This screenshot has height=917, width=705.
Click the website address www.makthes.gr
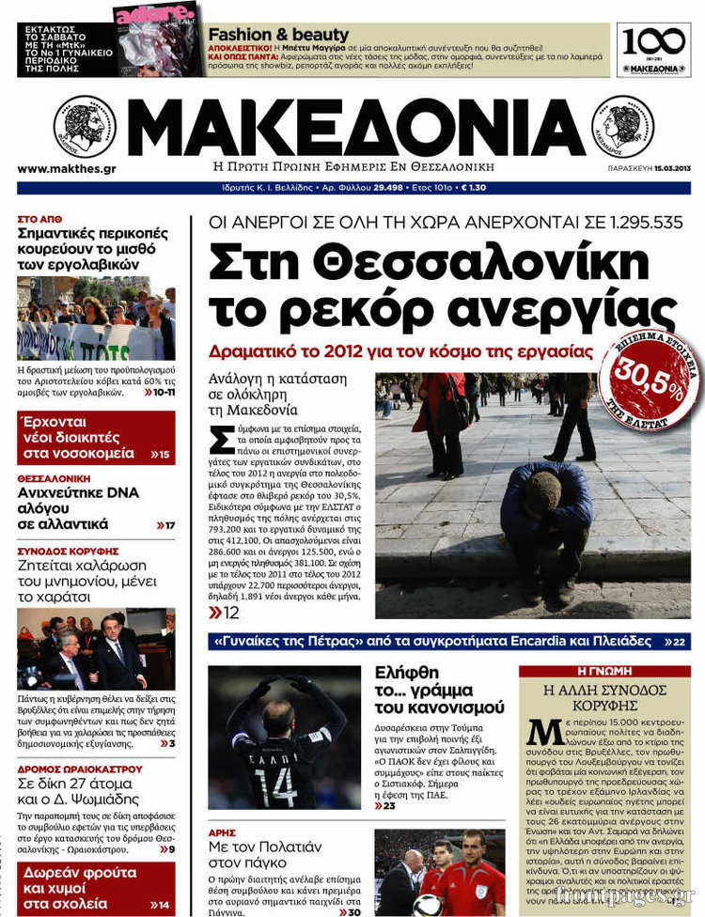click(x=66, y=169)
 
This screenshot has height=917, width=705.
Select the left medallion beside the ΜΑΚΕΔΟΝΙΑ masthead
click(x=85, y=127)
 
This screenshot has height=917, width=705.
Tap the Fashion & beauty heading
click(x=278, y=35)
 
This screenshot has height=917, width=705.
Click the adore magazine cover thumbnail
click(x=156, y=39)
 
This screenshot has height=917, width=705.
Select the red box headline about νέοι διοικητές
click(x=95, y=437)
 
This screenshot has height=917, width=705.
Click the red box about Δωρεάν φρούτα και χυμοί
click(x=95, y=887)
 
